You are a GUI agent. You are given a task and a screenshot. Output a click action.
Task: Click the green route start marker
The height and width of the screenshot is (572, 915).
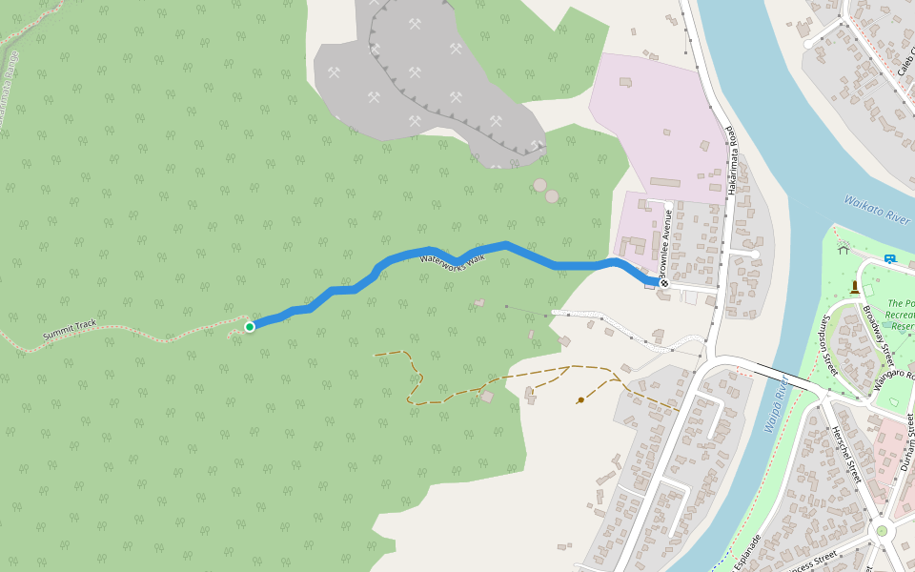pos(250,327)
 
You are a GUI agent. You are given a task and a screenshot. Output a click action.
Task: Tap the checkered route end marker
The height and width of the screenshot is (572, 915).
pos(663,283)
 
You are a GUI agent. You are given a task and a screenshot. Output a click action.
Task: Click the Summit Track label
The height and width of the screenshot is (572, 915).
pos(70,331)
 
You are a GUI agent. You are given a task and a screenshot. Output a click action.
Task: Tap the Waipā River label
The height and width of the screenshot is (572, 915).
pos(774,405)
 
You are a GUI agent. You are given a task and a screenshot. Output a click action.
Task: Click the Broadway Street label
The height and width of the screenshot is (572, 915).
pos(876,330)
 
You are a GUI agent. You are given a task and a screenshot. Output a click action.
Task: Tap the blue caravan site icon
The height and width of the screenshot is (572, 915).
pos(889,258)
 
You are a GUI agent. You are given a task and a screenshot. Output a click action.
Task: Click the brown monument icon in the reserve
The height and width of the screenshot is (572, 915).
pos(855,286)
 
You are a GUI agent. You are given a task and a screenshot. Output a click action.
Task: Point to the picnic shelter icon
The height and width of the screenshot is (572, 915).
pos(843,250)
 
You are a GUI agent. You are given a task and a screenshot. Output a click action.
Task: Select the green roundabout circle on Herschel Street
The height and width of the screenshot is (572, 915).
pos(882,530)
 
